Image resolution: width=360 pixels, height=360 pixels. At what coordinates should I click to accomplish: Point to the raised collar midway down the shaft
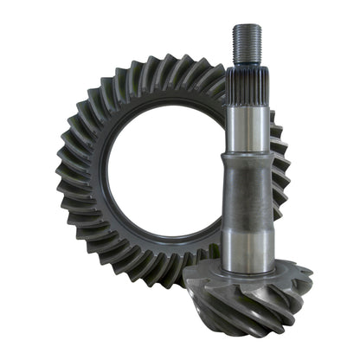click(x=247, y=159)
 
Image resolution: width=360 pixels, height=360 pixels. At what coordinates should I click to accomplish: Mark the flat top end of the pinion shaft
click(x=247, y=26)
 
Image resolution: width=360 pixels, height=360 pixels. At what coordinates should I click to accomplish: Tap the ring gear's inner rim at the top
click(x=169, y=106)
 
